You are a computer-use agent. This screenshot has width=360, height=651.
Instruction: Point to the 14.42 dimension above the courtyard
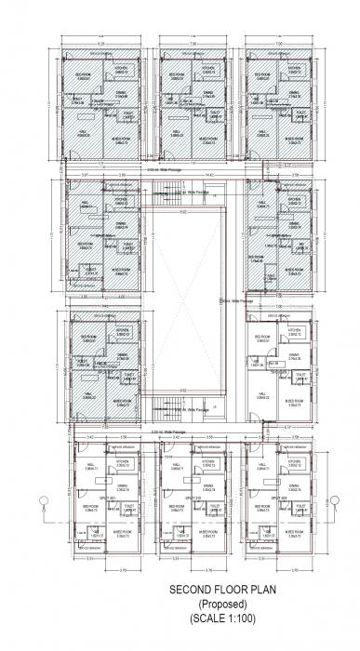[183, 174]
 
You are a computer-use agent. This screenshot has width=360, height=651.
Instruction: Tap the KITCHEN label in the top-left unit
[121, 71]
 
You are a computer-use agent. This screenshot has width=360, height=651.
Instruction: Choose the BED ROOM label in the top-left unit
[83, 74]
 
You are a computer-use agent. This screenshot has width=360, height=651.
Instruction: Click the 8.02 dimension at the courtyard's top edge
[183, 212]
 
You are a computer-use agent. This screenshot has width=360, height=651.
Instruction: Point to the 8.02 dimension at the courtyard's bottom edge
[183, 389]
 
